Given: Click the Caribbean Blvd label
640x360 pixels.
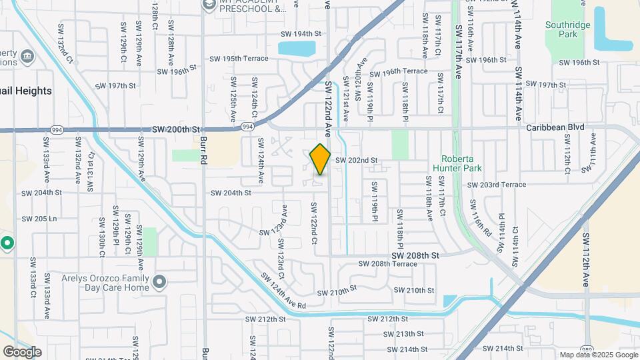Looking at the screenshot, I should click(x=555, y=127).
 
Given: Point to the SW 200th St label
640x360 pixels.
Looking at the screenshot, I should click(x=176, y=129).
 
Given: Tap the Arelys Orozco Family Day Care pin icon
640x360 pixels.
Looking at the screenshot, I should click(x=159, y=281).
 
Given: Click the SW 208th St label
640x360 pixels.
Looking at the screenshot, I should click(x=415, y=255).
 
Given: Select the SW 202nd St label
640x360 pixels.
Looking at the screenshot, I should click(x=356, y=161).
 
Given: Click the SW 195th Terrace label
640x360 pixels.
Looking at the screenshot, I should click(x=236, y=59).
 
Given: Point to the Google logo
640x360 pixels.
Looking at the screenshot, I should click(x=22, y=351).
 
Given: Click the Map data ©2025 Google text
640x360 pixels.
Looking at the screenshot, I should click(x=598, y=355).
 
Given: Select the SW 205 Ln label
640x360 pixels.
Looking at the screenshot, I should click(x=39, y=219).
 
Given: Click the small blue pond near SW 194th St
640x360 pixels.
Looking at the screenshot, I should click(x=297, y=48).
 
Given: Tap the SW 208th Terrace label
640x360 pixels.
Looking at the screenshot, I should click(x=395, y=264).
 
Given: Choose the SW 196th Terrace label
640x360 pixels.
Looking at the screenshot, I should click(x=398, y=71).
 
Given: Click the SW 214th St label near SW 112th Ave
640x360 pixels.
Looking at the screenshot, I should click(x=501, y=348).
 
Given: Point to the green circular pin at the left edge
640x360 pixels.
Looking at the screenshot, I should click(x=7, y=243).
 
